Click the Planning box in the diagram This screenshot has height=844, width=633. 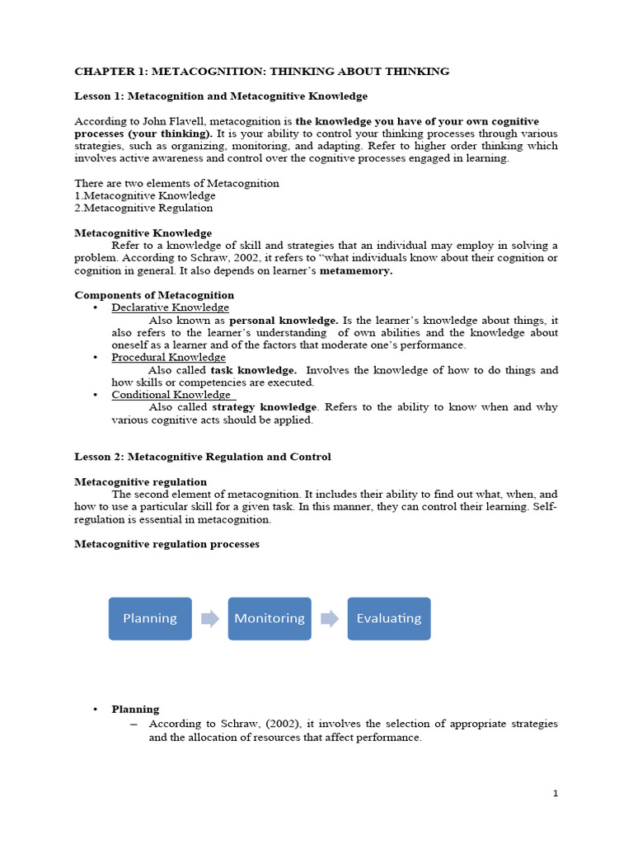click(150, 618)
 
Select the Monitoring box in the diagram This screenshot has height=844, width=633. click(270, 618)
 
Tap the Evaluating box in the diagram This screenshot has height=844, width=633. click(389, 618)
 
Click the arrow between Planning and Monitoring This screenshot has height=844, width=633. click(210, 618)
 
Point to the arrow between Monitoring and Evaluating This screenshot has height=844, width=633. click(330, 618)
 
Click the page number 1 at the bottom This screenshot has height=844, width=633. click(556, 793)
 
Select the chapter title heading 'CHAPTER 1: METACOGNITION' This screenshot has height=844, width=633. click(262, 72)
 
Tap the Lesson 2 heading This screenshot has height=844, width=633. click(203, 457)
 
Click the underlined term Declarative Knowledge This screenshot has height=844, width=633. click(171, 307)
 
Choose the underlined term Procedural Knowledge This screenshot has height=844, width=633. click(169, 357)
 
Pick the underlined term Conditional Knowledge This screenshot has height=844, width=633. click(172, 395)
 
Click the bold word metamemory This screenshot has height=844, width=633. click(356, 270)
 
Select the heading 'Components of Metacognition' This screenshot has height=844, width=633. click(154, 295)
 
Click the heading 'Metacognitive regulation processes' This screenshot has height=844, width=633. click(167, 544)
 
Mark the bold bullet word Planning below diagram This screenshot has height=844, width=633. click(136, 709)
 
